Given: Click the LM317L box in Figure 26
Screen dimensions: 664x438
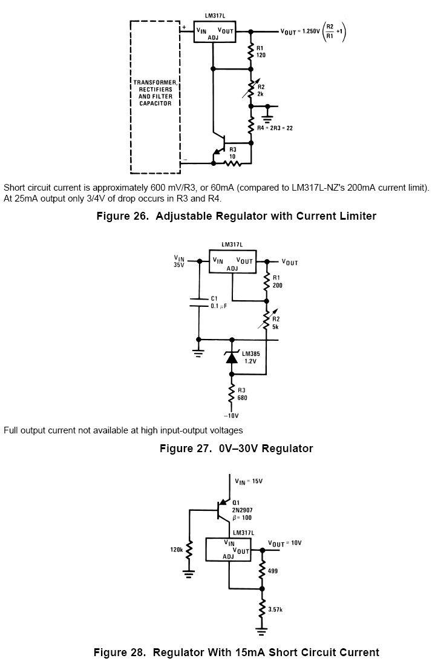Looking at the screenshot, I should (214, 33).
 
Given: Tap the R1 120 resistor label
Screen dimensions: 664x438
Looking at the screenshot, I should (260, 51).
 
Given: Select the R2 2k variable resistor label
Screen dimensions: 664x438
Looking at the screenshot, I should (261, 91).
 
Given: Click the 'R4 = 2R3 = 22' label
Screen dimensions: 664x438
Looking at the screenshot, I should (275, 128).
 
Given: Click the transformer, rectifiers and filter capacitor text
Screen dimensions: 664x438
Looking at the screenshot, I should (155, 92).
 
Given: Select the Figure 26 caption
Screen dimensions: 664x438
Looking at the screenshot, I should (236, 216).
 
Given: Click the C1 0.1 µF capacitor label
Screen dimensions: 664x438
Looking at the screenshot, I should (218, 303).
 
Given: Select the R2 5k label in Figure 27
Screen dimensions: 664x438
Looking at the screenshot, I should (276, 323).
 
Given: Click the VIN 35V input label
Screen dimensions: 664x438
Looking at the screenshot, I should (178, 261).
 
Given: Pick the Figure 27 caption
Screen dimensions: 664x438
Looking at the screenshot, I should (236, 449).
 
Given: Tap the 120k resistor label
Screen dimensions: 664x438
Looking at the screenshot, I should (177, 550).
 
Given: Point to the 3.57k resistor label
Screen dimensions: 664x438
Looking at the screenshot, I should (275, 610).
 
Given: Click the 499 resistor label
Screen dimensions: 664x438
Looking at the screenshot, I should (273, 570).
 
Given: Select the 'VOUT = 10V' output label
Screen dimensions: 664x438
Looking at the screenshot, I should (284, 543).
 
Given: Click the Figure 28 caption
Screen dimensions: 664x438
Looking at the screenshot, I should (236, 652).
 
